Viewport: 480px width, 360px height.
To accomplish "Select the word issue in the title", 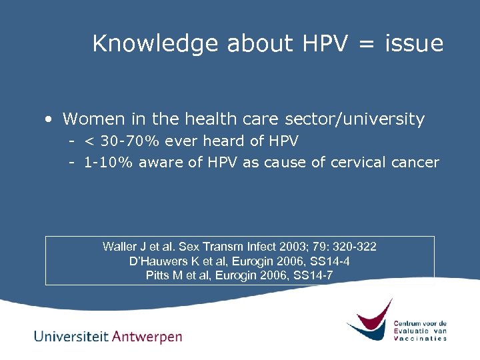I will [414, 44].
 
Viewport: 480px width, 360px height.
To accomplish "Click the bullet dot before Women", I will [49, 120].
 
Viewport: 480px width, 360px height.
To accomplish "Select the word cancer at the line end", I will [419, 163].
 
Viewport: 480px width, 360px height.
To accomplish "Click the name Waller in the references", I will [119, 247].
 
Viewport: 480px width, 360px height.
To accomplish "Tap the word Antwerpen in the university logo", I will [147, 337].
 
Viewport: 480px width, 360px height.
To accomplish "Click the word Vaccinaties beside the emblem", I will [420, 338].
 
